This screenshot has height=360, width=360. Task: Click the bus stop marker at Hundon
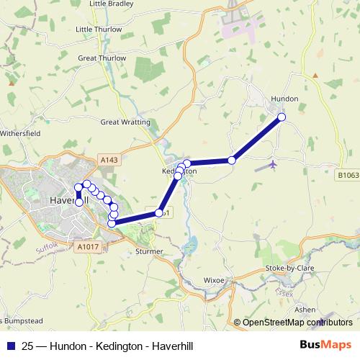click(282, 117)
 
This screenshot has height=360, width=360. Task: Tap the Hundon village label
click(284, 99)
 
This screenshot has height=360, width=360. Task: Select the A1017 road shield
click(87, 247)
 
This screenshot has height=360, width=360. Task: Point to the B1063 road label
click(348, 174)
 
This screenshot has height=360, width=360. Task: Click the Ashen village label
click(305, 309)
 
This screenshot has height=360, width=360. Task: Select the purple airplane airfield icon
click(273, 166)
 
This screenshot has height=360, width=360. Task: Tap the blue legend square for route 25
click(11, 346)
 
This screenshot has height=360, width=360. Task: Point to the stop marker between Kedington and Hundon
click(232, 160)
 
